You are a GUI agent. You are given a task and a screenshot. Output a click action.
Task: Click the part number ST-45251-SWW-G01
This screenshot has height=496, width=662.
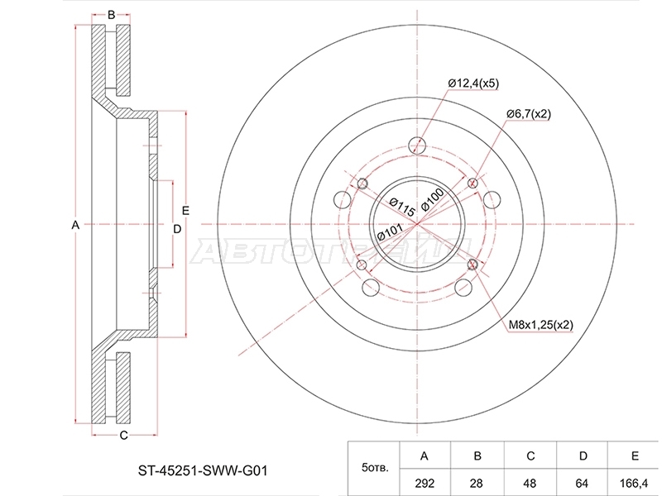(203, 470)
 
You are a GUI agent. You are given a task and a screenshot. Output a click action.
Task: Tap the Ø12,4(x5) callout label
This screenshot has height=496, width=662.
(473, 83)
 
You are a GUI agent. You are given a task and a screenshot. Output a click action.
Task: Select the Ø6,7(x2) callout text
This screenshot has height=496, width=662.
(529, 114)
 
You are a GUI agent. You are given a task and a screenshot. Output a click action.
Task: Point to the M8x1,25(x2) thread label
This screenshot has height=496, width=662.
(540, 325)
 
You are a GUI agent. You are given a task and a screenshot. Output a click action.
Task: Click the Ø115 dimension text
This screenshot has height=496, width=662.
(401, 207)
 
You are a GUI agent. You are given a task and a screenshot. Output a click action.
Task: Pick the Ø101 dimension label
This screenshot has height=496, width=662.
(390, 231)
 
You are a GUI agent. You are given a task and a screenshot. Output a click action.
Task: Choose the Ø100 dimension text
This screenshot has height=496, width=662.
(432, 199)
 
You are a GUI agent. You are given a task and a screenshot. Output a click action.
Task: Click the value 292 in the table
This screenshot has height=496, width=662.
(425, 483)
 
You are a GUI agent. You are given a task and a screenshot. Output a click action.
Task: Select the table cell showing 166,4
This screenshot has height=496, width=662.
(635, 483)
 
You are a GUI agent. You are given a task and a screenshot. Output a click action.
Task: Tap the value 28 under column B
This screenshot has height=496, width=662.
(477, 483)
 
